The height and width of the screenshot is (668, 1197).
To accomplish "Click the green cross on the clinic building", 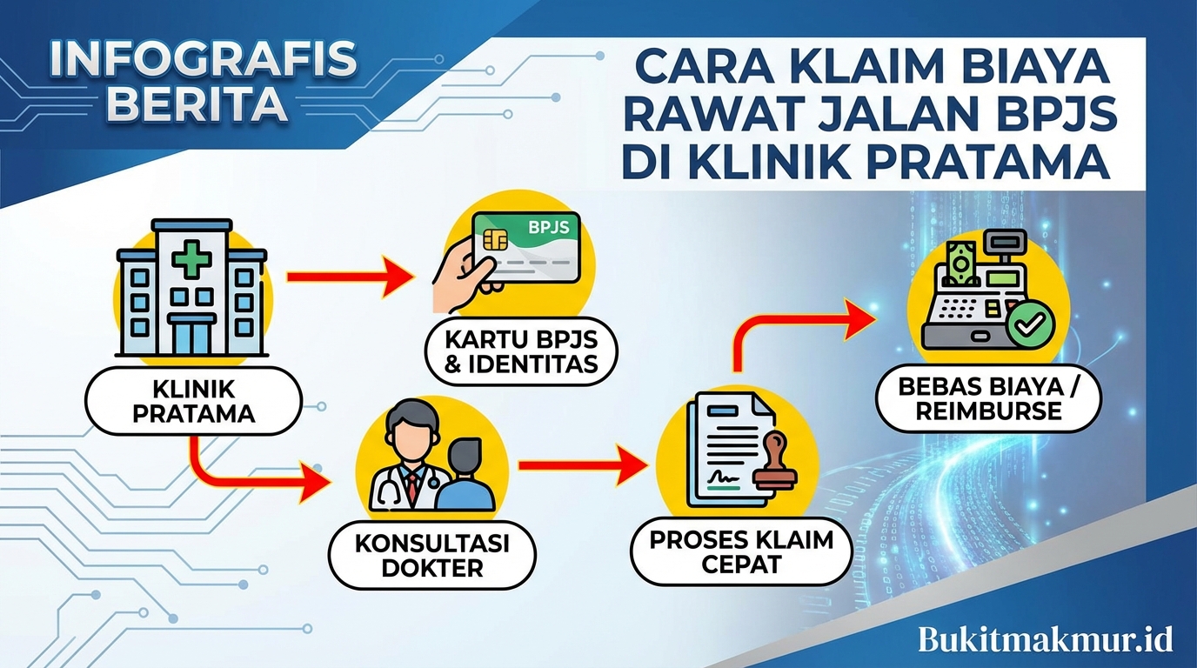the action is coord(191,259).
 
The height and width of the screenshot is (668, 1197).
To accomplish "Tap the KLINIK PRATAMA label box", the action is coord(193,400).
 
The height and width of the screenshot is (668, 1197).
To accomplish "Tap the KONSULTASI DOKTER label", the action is coord(432,555).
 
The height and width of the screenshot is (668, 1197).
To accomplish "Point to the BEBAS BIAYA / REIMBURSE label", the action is coord(988,399).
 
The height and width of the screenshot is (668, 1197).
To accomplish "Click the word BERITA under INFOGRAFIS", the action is coord(200,104).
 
